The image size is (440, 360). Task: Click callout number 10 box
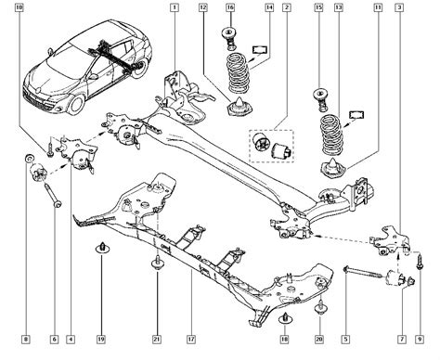(19, 7)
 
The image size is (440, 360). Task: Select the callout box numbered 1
(175, 7)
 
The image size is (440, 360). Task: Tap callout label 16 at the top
(230, 7)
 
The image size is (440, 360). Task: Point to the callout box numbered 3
(399, 7)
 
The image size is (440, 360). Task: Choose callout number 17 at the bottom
(191, 340)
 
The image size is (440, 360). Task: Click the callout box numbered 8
(26, 340)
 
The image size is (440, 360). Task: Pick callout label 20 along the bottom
(319, 340)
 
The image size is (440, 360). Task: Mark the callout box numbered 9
(420, 340)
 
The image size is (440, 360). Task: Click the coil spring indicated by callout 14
(239, 73)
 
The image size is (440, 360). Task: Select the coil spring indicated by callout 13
(331, 135)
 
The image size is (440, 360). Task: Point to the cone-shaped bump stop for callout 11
(333, 169)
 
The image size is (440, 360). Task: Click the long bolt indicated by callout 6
(53, 196)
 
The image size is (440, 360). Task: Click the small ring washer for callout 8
(29, 158)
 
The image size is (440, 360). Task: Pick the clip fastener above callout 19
(102, 248)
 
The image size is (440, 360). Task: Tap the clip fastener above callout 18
(285, 318)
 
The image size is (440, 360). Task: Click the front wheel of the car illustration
(76, 105)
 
